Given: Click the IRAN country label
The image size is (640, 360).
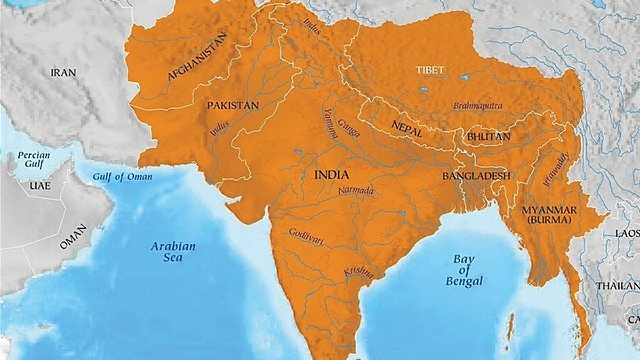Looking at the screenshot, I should tap(63, 73).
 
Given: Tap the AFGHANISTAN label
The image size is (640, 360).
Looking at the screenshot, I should tap(197, 56).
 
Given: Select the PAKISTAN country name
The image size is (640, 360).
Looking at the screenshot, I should tap(233, 105).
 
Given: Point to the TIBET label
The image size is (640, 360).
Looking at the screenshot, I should tap(430, 70).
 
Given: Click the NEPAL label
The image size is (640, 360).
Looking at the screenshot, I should tap(406, 129).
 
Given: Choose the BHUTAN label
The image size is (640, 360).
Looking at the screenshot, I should tap(489, 137).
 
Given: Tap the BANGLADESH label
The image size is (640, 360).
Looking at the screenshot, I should tap(476, 175).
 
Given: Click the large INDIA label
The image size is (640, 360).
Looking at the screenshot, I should tap(332, 175).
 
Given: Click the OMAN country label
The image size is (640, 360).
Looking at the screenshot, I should tap(73, 237).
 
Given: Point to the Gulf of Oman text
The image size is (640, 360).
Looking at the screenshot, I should tap(122, 177).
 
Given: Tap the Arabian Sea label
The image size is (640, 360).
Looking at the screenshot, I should tap(173, 252).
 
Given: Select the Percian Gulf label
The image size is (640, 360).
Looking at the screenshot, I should tap(33, 159).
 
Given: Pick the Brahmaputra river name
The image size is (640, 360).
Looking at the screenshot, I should tap(477, 106).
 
